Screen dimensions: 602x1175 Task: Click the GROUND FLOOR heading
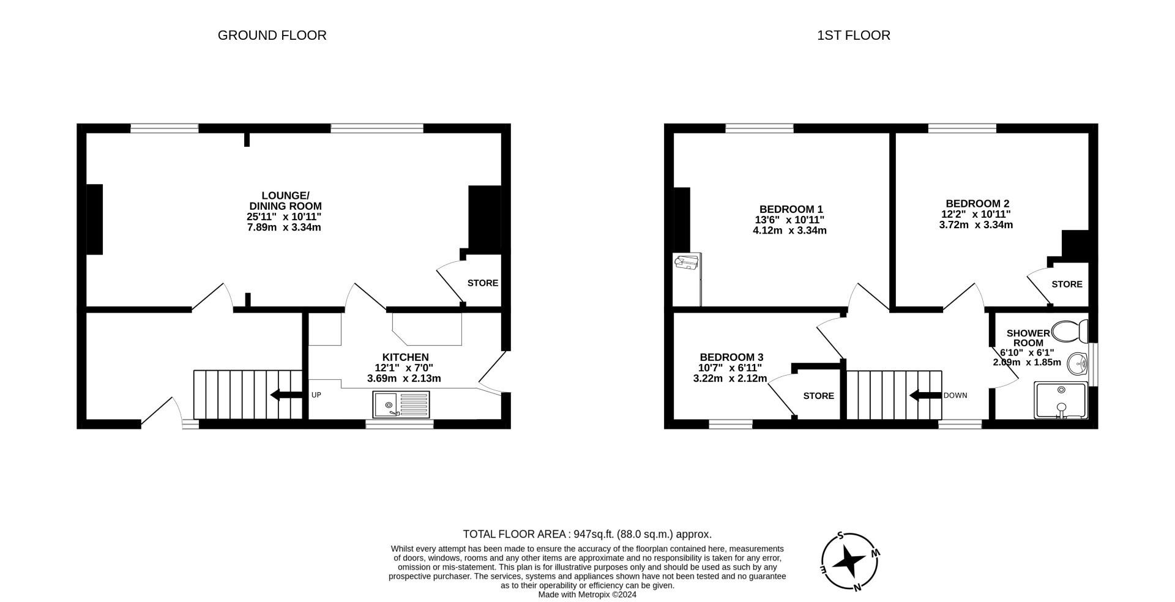click(x=272, y=35)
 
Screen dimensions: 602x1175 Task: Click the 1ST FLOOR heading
click(x=853, y=35)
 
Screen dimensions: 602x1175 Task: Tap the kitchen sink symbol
click(x=401, y=405)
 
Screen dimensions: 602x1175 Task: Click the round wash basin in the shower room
click(x=1078, y=365)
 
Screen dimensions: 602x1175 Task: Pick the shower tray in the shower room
click(x=1061, y=400)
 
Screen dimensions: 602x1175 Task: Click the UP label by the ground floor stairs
click(x=316, y=395)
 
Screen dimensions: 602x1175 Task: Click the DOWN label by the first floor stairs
click(x=955, y=396)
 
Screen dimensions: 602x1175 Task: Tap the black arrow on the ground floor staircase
click(x=286, y=395)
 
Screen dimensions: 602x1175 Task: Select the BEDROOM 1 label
click(x=791, y=209)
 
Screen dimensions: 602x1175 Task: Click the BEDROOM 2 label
click(x=977, y=204)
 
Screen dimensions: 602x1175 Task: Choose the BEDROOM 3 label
click(x=731, y=357)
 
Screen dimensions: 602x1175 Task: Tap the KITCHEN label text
click(x=405, y=357)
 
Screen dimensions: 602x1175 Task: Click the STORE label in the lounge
click(x=482, y=283)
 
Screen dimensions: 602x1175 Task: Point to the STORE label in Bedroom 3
click(x=818, y=396)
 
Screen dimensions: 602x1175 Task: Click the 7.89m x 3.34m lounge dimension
click(x=284, y=228)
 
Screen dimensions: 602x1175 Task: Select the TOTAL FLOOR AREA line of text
click(x=587, y=534)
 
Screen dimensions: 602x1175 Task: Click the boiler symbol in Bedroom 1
click(x=687, y=263)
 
